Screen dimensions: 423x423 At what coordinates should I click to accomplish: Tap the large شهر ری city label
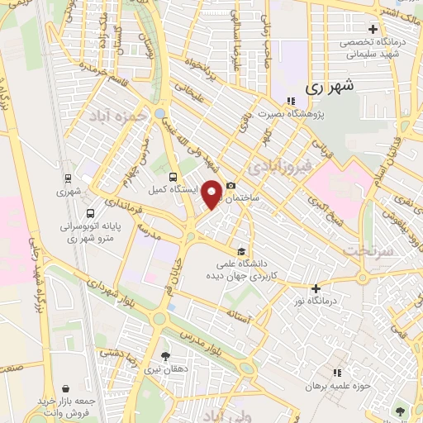pyautogui.click(x=329, y=86)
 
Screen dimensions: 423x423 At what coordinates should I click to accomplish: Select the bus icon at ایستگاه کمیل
pyautogui.click(x=173, y=177)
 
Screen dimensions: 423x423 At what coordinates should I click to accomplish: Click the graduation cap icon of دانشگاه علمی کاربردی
pyautogui.click(x=241, y=252)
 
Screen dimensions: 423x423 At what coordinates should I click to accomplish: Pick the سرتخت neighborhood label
pyautogui.click(x=365, y=249)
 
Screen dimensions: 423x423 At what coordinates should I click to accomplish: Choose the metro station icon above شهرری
pyautogui.click(x=68, y=177)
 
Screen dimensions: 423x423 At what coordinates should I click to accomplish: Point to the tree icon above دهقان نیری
pyautogui.click(x=166, y=356)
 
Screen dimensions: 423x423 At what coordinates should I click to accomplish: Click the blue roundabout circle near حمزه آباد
pyautogui.click(x=159, y=112)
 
